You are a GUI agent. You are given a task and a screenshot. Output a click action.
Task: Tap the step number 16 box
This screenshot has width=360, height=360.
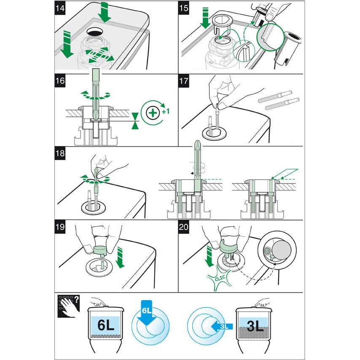(61, 81)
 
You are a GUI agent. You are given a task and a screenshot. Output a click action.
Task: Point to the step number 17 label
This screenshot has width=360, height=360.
(185, 81)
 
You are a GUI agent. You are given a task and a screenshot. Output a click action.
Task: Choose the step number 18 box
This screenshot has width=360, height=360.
(61, 153)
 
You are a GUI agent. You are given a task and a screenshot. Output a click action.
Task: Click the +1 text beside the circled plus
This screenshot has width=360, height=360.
(165, 112)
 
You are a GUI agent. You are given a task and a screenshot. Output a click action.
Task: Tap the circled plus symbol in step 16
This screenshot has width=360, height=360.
(152, 113)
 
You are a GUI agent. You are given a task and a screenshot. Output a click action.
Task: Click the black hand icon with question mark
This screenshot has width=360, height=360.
(67, 305)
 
